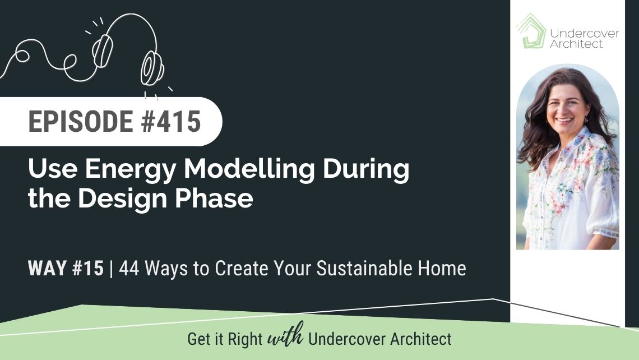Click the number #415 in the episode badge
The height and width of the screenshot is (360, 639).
(x=171, y=121)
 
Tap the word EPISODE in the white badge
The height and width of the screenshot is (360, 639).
(x=81, y=121)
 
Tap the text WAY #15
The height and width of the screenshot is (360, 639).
(x=66, y=268)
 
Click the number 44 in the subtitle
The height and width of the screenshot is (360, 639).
(x=129, y=268)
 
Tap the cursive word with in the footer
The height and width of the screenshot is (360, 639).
(x=285, y=336)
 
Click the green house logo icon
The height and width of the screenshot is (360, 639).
(x=531, y=31)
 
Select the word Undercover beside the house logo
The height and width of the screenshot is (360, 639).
(x=585, y=33)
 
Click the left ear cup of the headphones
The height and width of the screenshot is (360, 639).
(x=102, y=50)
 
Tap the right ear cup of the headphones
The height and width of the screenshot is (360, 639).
(x=151, y=68)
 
